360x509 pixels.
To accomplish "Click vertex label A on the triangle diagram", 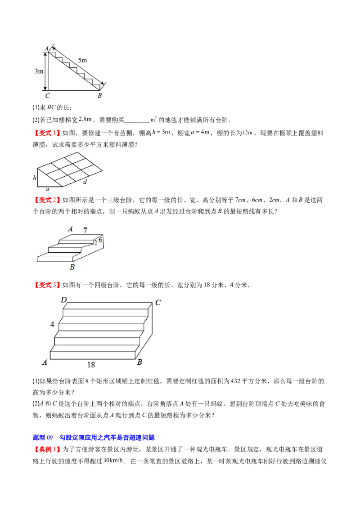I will point(46,48).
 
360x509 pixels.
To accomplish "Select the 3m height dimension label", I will point(39,71).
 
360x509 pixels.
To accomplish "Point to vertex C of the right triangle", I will point(47,95).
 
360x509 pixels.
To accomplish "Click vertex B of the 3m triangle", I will point(99,95).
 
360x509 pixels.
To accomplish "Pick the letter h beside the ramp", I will point(35,178).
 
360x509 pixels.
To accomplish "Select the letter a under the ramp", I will point(47,190).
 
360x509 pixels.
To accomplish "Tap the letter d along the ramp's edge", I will point(85,182).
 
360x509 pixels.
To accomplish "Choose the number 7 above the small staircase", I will point(85,230).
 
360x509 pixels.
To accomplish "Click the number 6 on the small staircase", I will point(100,240).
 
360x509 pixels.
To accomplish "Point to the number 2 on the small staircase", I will point(95,243).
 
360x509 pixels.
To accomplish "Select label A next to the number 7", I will point(70,229).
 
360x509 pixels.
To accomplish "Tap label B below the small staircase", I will point(72,267).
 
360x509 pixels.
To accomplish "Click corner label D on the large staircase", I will point(64,299).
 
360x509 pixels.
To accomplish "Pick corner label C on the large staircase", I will point(157,303).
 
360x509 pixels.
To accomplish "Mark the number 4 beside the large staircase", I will point(52,324).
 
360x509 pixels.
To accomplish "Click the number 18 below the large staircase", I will point(91,365).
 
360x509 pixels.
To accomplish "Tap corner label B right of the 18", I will point(139,362).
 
